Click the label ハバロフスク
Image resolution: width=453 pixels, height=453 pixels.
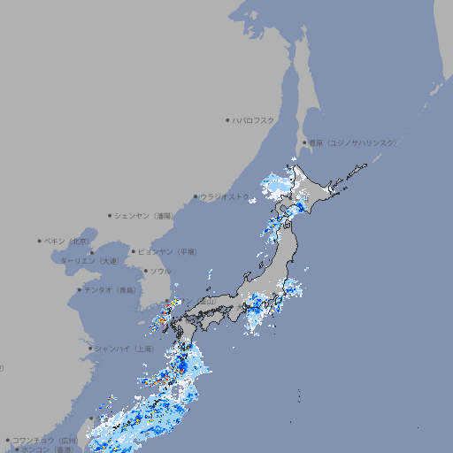254,119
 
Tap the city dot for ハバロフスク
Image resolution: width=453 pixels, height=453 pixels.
228,119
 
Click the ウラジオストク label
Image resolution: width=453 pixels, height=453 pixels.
225,196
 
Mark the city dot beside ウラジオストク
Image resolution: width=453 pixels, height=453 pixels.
196,196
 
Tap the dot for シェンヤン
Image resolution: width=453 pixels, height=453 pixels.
111,215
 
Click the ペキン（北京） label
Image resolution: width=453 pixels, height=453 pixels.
68,241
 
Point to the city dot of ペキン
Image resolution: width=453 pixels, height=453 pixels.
41,241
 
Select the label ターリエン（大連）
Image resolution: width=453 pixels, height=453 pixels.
89,261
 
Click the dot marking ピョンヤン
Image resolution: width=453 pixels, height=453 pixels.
134,251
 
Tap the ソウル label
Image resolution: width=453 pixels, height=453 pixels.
160,271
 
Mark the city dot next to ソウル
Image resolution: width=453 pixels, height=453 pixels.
145,271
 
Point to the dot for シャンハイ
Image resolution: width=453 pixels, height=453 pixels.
90,349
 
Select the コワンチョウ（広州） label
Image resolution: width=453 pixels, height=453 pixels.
45,440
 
